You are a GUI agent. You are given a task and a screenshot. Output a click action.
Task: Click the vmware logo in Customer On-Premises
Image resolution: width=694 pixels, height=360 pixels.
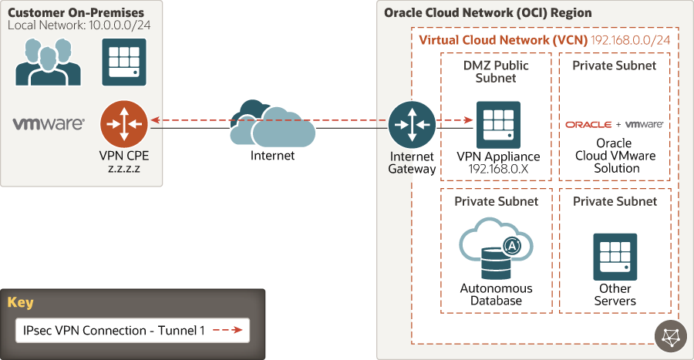pyautogui.click(x=49, y=123)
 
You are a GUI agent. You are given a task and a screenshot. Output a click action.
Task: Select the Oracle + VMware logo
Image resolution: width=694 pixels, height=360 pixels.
pyautogui.click(x=615, y=124)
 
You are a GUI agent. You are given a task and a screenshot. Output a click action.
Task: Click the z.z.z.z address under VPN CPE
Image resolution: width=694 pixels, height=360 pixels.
pyautogui.click(x=123, y=167)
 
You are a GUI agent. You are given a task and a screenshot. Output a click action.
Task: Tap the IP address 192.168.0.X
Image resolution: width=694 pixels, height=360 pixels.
pyautogui.click(x=498, y=168)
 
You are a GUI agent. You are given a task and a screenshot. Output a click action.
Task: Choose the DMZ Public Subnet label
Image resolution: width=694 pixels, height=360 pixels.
pyautogui.click(x=495, y=72)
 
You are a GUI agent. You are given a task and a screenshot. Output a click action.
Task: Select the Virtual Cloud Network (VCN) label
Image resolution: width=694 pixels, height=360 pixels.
pyautogui.click(x=503, y=39)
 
